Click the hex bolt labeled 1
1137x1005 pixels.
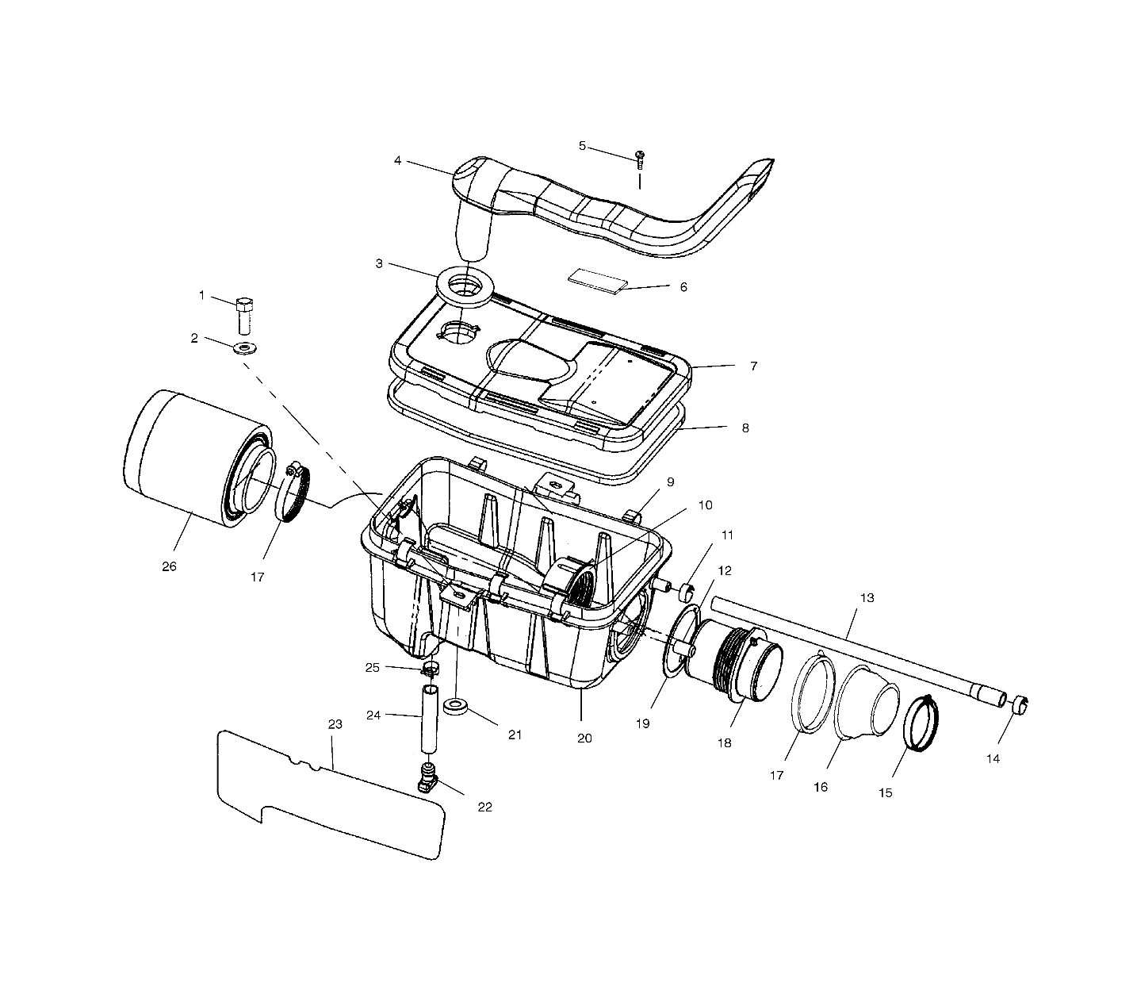(245, 316)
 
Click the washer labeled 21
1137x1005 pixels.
(455, 706)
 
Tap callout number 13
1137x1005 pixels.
(867, 597)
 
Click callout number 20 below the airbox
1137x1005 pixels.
(584, 738)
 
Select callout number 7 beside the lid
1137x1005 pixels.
(752, 366)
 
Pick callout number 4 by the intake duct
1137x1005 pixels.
(397, 161)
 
